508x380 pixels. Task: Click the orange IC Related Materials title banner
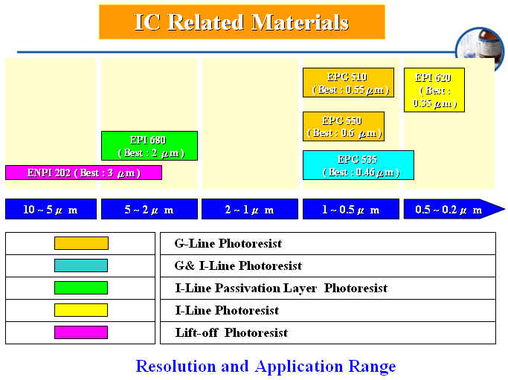coord(242,22)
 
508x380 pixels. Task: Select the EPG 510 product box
coord(348,83)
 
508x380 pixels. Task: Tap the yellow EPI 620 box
coord(434,90)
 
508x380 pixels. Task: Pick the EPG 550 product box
coord(344,126)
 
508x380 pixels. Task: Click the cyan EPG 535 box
coord(359,165)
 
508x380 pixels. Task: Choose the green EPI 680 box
coord(149,146)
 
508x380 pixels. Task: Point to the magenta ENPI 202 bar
coord(83,173)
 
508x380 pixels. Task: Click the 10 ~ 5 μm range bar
coord(51,209)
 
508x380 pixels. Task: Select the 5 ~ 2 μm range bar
coord(149,209)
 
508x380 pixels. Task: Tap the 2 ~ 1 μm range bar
coord(250,209)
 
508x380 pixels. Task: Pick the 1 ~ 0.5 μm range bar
coord(351,209)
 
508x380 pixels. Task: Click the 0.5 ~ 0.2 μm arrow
coord(454,209)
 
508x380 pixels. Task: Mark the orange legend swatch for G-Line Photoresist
coord(81,243)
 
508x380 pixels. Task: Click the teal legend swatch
coord(81,265)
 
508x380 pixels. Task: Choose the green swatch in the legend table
coord(81,288)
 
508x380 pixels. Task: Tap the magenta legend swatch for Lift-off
coord(81,332)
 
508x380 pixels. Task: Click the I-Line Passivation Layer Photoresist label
coord(281,288)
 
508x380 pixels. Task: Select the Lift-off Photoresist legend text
coord(231,332)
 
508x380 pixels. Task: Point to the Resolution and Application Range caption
coord(266,367)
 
